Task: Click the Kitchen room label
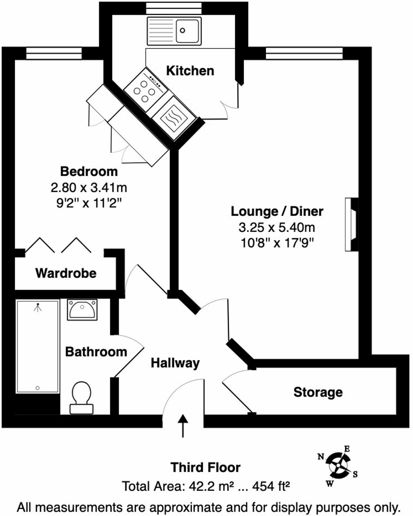190,71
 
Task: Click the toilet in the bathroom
82,397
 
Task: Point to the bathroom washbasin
82,309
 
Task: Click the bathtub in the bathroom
38,346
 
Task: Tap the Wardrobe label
66,273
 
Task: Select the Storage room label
318,392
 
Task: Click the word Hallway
175,363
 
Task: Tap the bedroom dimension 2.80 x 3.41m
89,187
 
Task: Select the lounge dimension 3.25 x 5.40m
277,227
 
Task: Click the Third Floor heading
206,467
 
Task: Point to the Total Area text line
206,486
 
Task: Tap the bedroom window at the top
54,53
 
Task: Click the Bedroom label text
89,171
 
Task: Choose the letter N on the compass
321,457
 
